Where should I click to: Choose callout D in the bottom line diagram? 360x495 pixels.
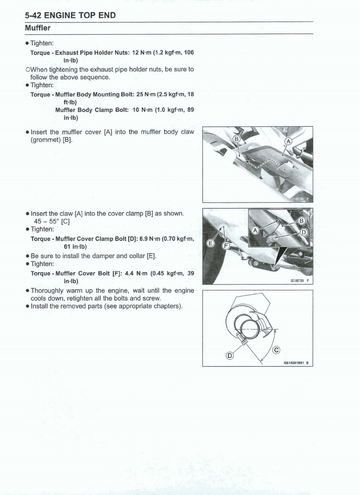(229, 355)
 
